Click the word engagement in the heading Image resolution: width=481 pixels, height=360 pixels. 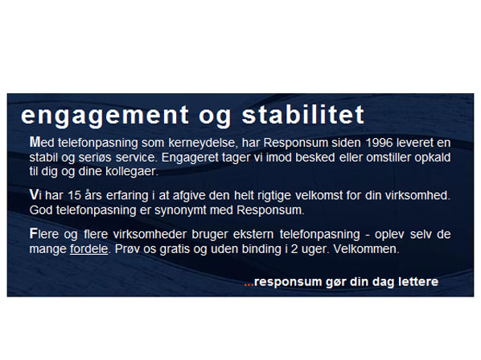tap(105, 116)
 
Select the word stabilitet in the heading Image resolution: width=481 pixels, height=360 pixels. tap(303, 115)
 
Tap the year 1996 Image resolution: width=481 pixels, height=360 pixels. tap(379, 142)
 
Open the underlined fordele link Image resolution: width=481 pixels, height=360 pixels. tap(89, 249)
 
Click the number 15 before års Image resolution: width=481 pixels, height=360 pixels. tap(74, 195)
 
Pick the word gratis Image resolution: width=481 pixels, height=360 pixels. tap(175, 249)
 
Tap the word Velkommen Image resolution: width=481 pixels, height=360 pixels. tap(366, 249)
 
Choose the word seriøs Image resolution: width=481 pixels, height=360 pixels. tap(95, 157)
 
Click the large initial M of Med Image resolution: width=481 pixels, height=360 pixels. tap(35, 142)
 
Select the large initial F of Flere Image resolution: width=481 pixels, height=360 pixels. tap(33, 234)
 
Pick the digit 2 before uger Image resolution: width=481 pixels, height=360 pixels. tap(294, 249)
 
